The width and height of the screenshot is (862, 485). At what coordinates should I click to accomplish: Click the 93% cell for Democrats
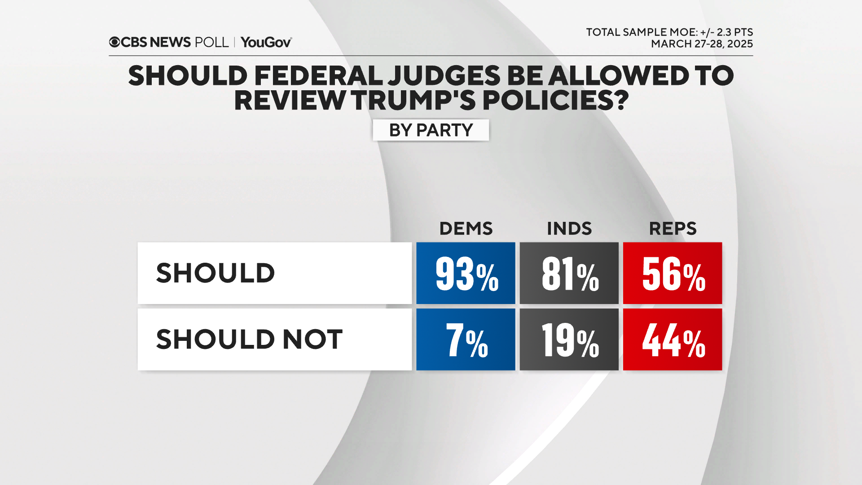[466, 273]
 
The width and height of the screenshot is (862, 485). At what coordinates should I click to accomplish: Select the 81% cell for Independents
[569, 273]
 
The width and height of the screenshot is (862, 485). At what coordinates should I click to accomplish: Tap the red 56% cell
[672, 273]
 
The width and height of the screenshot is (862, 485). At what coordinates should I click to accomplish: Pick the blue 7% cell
[466, 339]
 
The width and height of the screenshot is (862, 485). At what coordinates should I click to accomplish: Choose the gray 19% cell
[569, 339]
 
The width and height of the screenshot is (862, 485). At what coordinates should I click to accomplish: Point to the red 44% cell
[672, 339]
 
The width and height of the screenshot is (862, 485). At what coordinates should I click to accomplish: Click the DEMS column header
[466, 229]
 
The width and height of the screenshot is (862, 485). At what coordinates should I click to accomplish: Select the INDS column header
[569, 229]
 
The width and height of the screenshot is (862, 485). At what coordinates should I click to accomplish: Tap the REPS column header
[672, 229]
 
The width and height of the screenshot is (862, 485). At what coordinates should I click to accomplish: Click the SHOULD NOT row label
[249, 339]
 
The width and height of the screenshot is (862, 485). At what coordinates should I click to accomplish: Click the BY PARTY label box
[431, 130]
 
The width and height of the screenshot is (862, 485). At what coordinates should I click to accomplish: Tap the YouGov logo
[266, 42]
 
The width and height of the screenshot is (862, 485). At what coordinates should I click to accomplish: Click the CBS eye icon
[114, 42]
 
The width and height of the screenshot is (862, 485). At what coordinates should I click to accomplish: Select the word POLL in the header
[211, 42]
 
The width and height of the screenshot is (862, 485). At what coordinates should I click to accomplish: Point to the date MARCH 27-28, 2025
[702, 44]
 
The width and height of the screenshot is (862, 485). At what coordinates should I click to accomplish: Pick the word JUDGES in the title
[444, 75]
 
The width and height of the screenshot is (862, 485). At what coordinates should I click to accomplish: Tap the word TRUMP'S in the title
[413, 100]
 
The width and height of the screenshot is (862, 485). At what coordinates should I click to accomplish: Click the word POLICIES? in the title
[555, 100]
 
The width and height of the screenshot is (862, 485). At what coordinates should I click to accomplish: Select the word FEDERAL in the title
[318, 75]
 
